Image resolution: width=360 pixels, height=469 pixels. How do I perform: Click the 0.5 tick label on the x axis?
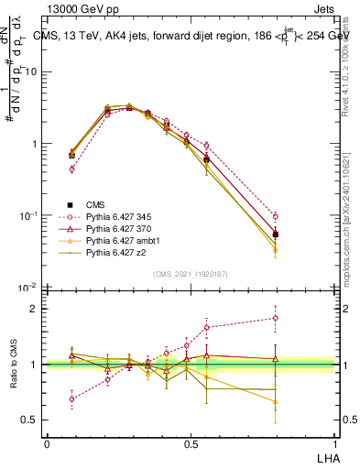pos(190,442)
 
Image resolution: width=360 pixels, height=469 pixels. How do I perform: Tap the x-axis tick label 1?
pos(333,442)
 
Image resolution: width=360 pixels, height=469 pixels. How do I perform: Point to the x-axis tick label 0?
pos(47,442)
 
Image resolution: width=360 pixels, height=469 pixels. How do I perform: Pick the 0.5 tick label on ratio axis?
pos(29,420)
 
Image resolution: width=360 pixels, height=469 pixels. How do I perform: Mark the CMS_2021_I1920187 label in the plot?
pos(190,273)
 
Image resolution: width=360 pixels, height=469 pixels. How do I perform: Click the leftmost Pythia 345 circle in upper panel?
pos(72,169)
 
